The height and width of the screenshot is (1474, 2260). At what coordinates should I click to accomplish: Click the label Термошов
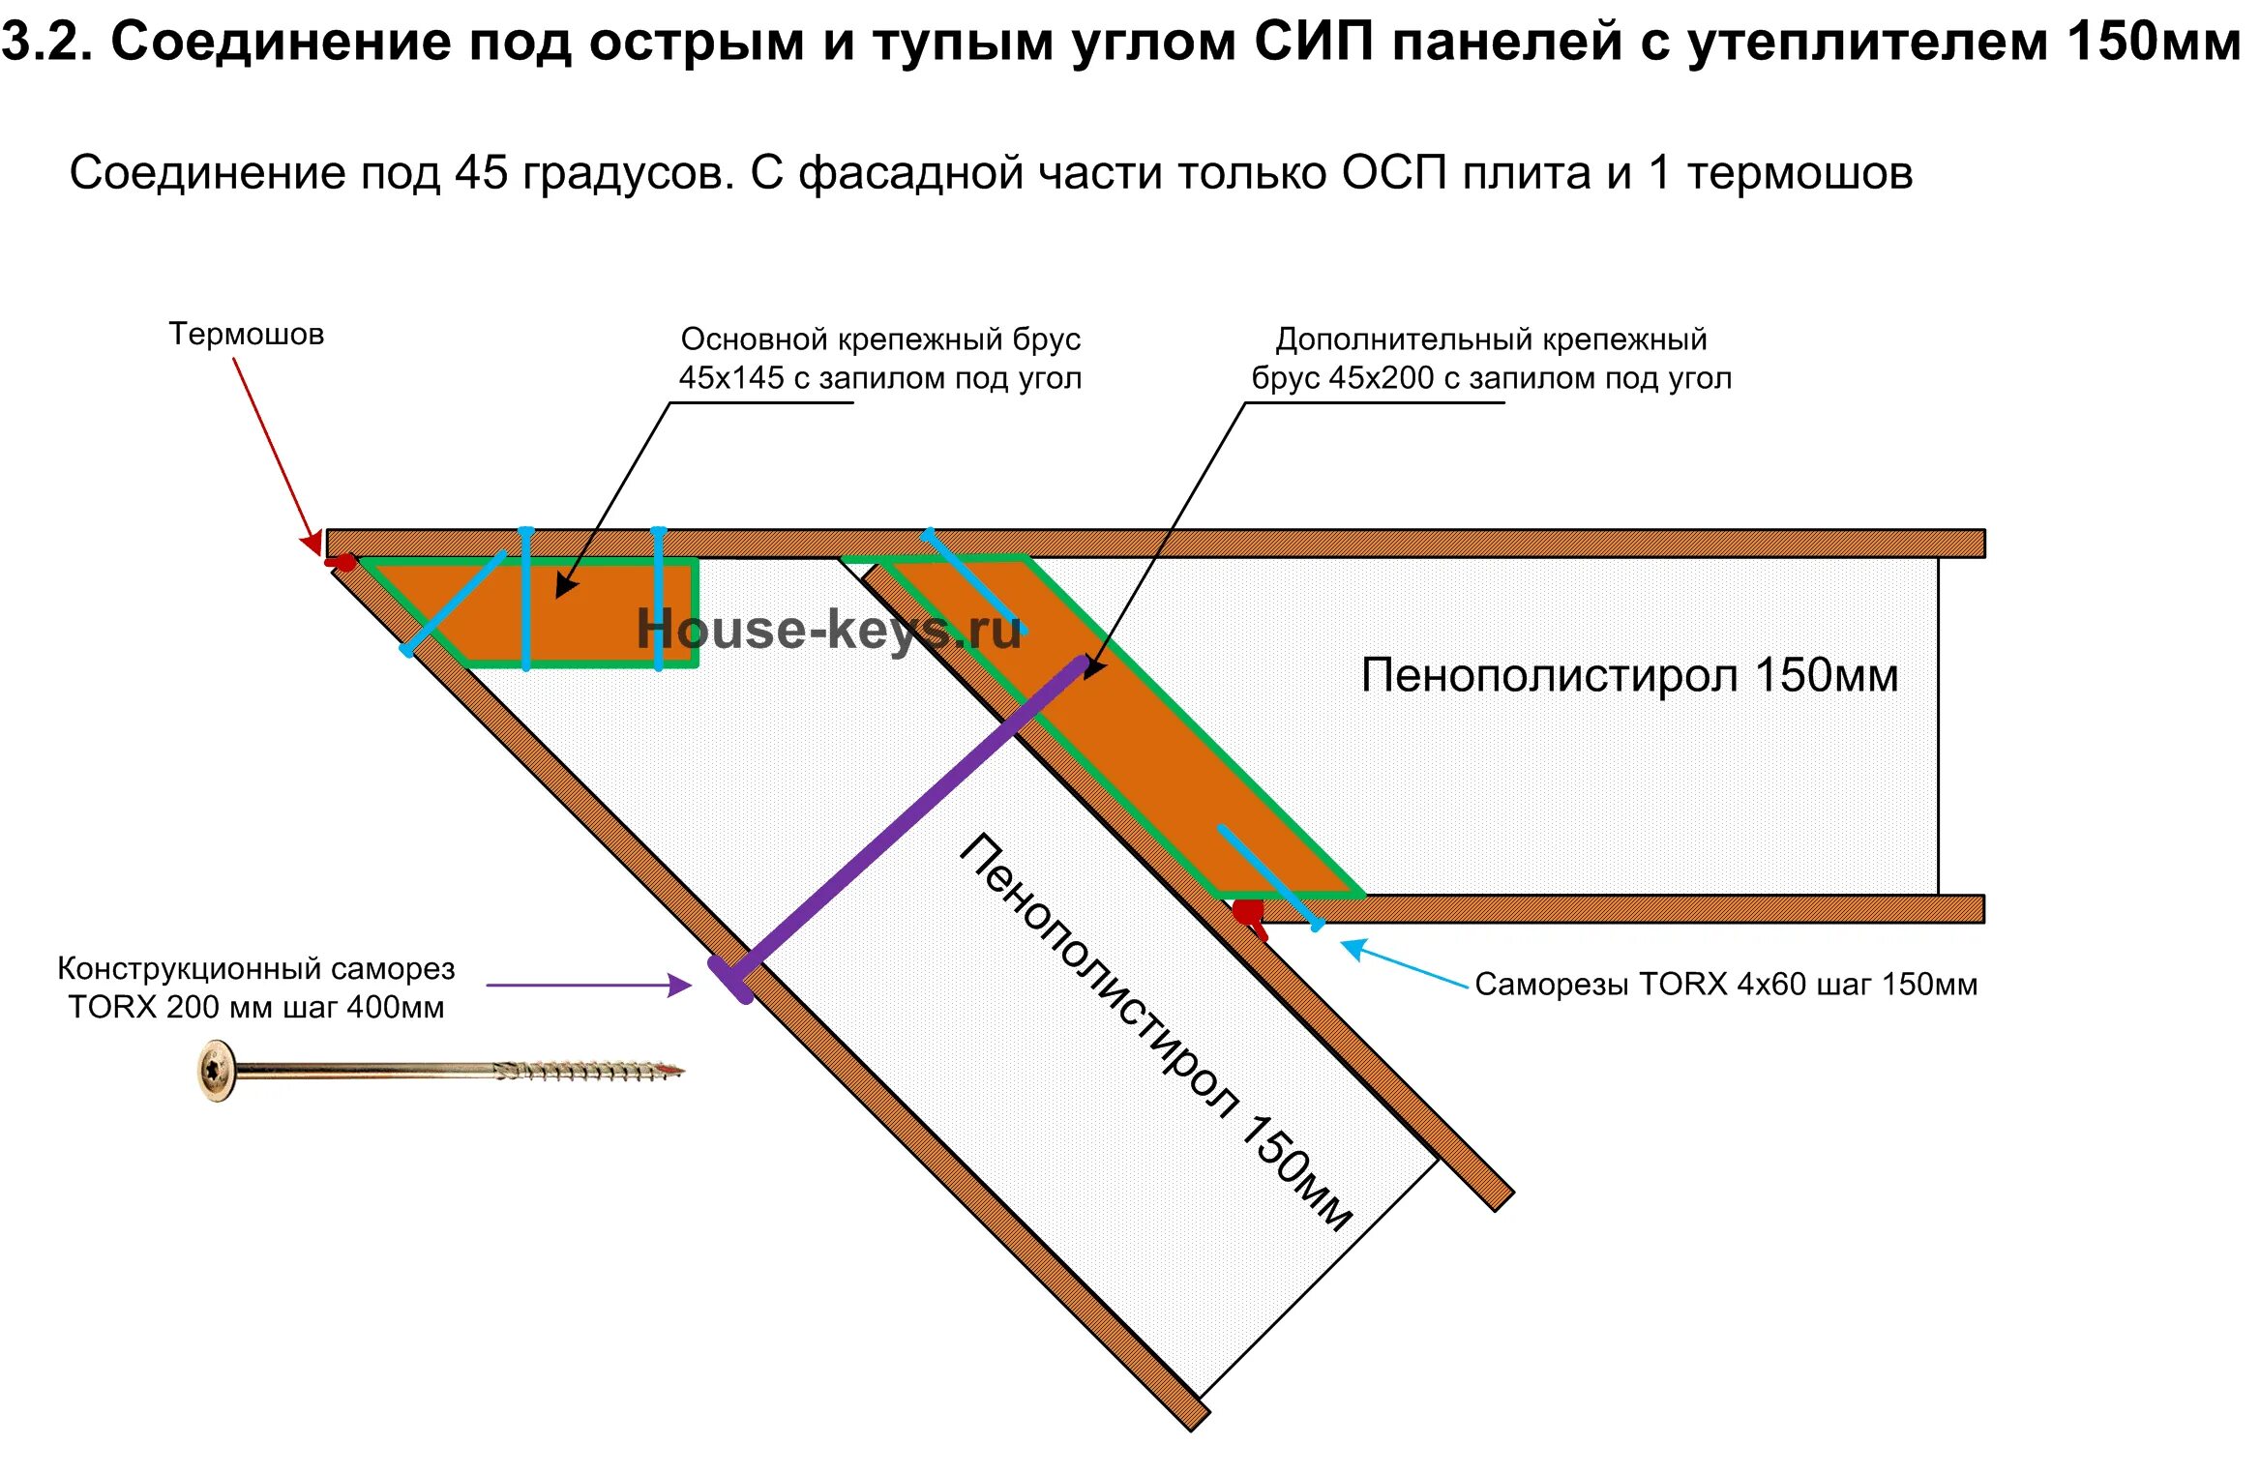[246, 334]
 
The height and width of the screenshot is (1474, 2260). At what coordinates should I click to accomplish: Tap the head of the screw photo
[216, 1070]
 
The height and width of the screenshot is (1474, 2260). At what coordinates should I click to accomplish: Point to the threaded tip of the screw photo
[668, 1070]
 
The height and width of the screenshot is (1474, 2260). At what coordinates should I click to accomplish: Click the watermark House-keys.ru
[828, 630]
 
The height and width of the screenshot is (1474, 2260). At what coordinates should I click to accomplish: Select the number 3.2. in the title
[46, 42]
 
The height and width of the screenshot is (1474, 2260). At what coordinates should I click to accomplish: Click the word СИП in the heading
[1316, 42]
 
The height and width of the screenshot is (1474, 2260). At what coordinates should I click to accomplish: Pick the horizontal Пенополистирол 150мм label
[1629, 675]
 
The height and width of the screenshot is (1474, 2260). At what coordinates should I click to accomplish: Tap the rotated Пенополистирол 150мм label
[1155, 1031]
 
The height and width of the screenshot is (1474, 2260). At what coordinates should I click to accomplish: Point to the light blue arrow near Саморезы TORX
[1403, 963]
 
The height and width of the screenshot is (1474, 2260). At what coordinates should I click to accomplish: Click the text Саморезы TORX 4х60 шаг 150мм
[1726, 985]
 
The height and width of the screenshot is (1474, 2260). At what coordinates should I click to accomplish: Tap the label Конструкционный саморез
[255, 968]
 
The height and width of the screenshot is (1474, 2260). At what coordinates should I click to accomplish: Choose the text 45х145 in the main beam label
[730, 378]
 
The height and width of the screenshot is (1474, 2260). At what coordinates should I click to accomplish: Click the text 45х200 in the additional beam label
[1381, 378]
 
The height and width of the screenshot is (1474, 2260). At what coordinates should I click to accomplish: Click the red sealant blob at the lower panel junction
[1248, 911]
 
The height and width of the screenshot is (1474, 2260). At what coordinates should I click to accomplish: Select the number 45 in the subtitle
[481, 173]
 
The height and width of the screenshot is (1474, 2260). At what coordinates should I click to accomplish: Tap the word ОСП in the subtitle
[1393, 173]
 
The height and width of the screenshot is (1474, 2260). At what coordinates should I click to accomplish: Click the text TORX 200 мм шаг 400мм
[255, 1007]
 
